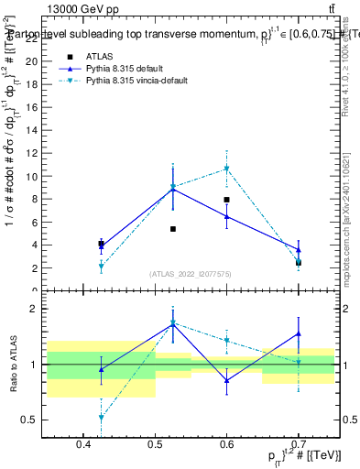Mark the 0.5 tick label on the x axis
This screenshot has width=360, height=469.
click(155, 445)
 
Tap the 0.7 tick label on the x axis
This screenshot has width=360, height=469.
click(299, 445)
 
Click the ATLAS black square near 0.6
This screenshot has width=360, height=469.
click(226, 200)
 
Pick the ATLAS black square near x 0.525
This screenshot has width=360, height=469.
click(172, 229)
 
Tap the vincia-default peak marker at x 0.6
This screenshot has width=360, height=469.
click(226, 169)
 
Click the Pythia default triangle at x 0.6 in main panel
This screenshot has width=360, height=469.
click(226, 216)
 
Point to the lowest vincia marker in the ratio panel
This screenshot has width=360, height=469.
click(101, 417)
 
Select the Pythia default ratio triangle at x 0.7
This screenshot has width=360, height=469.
click(298, 333)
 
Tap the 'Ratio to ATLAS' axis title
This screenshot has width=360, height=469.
click(11, 365)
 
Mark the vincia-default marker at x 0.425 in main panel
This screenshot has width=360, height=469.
click(101, 266)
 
